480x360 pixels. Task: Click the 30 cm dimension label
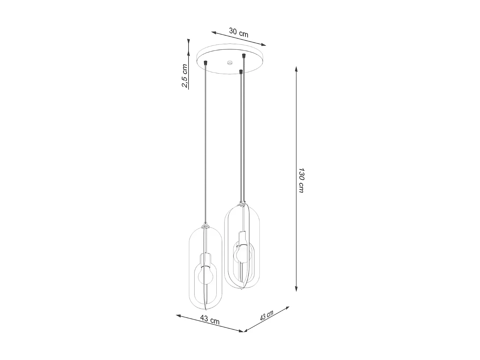pyautogui.click(x=239, y=32)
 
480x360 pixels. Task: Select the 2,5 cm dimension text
pyautogui.click(x=185, y=76)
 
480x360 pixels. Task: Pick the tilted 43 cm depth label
pyautogui.click(x=267, y=316)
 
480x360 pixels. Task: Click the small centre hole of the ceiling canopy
pyautogui.click(x=229, y=63)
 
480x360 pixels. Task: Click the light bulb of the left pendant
pyautogui.click(x=204, y=276)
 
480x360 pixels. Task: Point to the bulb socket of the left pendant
pyautogui.click(x=204, y=259)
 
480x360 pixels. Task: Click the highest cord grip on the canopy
pyautogui.click(x=244, y=56)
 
